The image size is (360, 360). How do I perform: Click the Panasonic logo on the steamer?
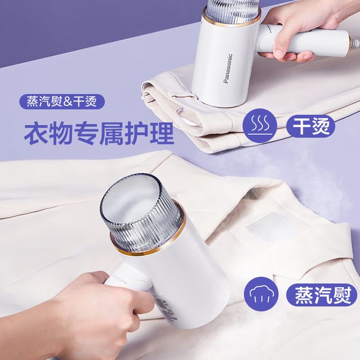pos(228,69)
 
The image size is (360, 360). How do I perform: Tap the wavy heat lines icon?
pos(260,126)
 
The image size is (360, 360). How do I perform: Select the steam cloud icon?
pos(261,294)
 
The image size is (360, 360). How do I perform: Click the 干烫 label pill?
pos(311,126)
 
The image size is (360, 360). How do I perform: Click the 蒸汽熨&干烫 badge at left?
pos(62,102)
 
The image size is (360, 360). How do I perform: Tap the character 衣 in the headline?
pos(35,134)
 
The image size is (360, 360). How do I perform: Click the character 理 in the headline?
pos(163,134)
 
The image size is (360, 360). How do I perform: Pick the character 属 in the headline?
pos(112,134)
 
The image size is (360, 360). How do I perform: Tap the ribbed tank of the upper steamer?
pos(232,9)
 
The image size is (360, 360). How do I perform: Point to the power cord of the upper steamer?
pos(355,42)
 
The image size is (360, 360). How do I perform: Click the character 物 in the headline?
pos(61,134)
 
